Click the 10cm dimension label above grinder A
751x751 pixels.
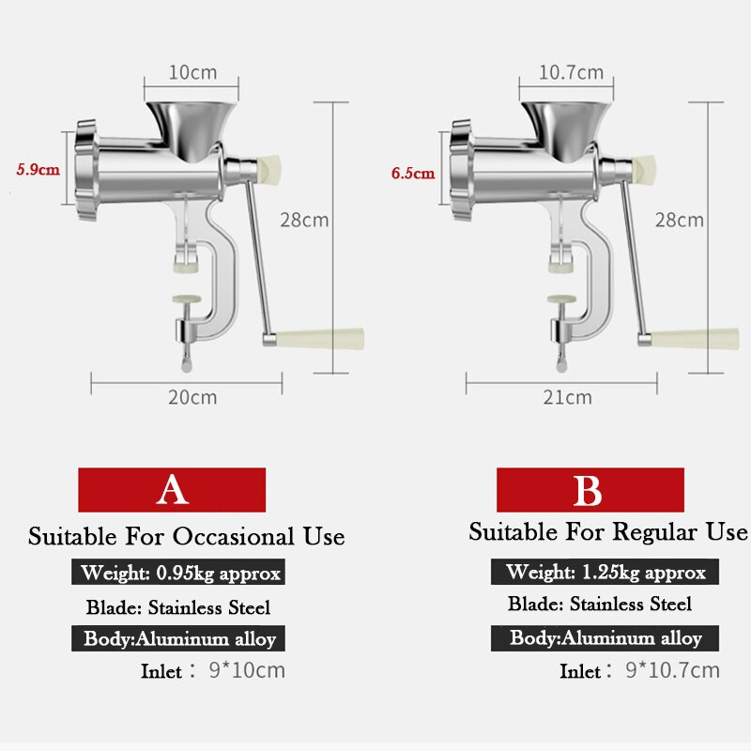192,73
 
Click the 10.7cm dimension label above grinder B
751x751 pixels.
571,73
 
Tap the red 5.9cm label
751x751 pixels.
38,170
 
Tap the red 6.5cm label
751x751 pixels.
413,173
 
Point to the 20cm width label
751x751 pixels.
192,397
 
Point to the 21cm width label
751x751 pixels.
568,397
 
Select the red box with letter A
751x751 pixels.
172,490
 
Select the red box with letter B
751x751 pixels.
590,490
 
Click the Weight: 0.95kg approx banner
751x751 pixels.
178,572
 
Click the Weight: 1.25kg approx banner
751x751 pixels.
605,572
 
